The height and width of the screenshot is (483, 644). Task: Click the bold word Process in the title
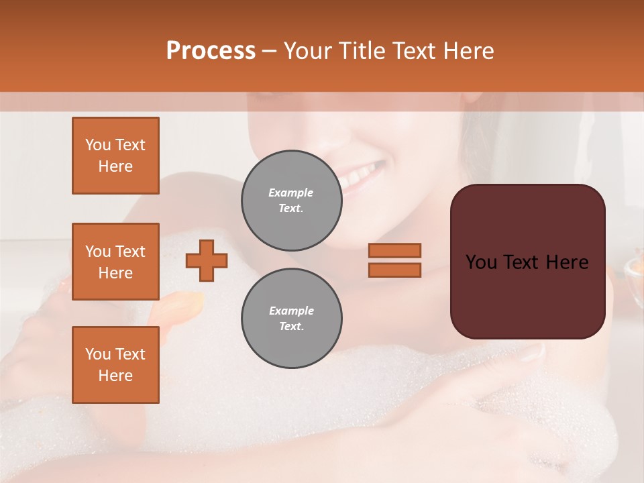coord(211,51)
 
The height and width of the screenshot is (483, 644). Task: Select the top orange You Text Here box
coord(115,156)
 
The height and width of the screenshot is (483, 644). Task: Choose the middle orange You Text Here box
coord(115,262)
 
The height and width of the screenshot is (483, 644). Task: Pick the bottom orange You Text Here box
coord(115,365)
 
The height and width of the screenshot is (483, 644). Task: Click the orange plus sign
coord(207,260)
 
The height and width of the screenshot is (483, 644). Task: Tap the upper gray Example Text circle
coord(291,201)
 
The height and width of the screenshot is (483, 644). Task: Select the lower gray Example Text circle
coord(291,319)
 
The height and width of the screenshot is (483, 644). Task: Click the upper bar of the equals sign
coord(394,250)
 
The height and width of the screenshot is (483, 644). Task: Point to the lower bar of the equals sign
coord(394,270)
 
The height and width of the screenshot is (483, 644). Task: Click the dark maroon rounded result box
coord(527,295)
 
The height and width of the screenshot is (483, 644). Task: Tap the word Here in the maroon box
coord(566,262)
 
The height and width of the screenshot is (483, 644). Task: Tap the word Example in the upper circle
coord(291,193)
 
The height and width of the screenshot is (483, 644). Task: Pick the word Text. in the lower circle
coord(291,327)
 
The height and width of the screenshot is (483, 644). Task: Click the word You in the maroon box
coord(480,262)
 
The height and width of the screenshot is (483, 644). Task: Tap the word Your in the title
coord(307,51)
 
